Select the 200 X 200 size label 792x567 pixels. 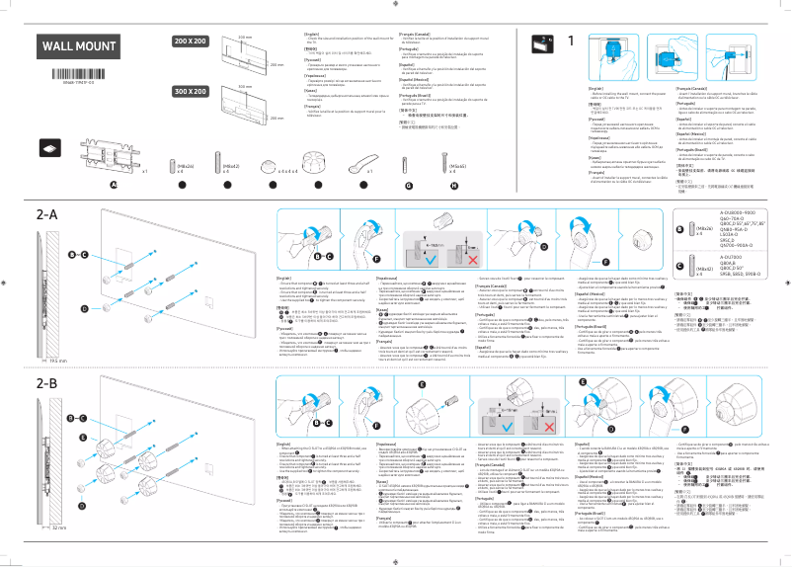(x=191, y=41)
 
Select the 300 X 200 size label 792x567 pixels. (x=191, y=92)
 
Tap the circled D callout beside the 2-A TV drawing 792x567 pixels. (x=70, y=308)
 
